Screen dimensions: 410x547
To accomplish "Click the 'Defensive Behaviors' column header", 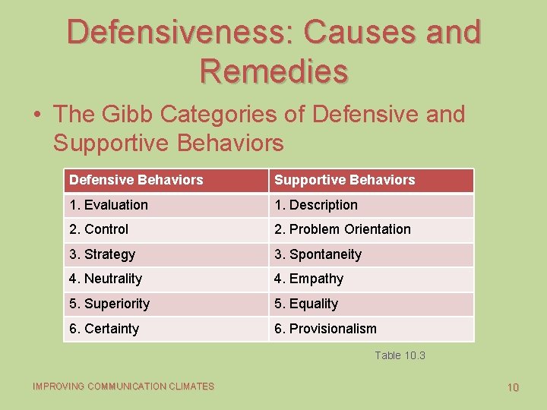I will [x=136, y=180].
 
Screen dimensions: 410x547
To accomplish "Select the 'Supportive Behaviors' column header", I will [x=344, y=180].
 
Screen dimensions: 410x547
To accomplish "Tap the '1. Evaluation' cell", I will [x=109, y=205].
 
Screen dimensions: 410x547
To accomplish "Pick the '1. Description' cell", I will [x=315, y=205].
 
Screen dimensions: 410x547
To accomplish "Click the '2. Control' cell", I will [x=99, y=229].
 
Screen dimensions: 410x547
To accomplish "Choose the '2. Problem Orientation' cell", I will [x=342, y=229].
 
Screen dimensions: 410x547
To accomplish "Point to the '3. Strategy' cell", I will [x=102, y=254].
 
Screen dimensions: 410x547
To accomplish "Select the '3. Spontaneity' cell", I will [x=318, y=254].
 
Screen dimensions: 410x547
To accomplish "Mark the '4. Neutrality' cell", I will [x=106, y=279].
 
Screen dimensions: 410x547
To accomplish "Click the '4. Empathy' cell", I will [x=308, y=279].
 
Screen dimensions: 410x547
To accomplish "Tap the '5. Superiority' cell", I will [x=109, y=304].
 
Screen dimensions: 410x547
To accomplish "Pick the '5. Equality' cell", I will [x=306, y=304].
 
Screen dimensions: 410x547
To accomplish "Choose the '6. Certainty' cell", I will [x=104, y=329].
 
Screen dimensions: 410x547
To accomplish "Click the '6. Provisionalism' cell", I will [x=325, y=329].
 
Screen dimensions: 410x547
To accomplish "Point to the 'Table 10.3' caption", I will [x=400, y=355].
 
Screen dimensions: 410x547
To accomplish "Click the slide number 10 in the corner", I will [x=513, y=387].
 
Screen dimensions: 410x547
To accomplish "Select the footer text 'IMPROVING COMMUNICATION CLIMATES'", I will [x=123, y=386].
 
